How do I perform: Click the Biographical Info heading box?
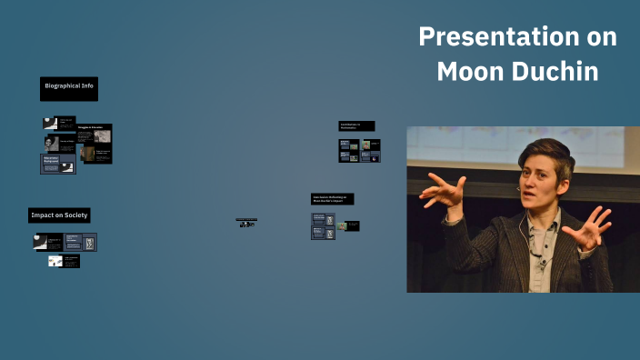[x=69, y=87]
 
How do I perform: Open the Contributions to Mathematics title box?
[x=355, y=125]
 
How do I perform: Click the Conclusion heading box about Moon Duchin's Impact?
[x=332, y=198]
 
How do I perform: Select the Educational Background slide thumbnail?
[x=57, y=164]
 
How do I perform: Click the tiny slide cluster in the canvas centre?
[x=246, y=222]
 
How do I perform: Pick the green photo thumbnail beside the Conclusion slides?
[x=342, y=225]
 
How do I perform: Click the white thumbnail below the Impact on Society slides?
[x=55, y=261]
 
